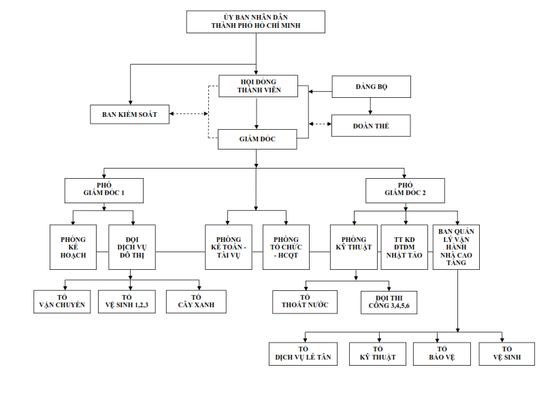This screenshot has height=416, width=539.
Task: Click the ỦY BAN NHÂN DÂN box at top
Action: pyautogui.click(x=256, y=22)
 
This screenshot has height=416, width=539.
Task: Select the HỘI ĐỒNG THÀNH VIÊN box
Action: pyautogui.click(x=259, y=85)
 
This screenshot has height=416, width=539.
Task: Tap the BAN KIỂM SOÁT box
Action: pyautogui.click(x=129, y=114)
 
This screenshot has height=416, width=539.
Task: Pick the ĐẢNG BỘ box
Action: pyautogui.click(x=371, y=87)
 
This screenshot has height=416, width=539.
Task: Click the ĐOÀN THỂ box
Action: pyautogui.click(x=371, y=126)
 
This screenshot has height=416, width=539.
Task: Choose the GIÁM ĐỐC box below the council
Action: pyautogui.click(x=257, y=139)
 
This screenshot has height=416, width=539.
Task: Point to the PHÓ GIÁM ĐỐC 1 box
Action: pyautogui.click(x=103, y=190)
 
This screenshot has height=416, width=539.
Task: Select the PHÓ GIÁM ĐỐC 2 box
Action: pyautogui.click(x=405, y=190)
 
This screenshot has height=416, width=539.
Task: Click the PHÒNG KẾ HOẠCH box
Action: pyautogui.click(x=73, y=247)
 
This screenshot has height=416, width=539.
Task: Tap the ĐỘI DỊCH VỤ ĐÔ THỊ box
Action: pyautogui.click(x=132, y=247)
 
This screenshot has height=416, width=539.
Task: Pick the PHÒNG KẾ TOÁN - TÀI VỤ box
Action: pyautogui.click(x=227, y=247)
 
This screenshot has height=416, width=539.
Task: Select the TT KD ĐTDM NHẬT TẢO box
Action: pyautogui.click(x=404, y=247)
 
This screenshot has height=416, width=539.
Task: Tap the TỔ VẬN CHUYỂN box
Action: pyautogui.click(x=62, y=301)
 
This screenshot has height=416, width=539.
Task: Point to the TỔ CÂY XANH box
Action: pyautogui.click(x=196, y=301)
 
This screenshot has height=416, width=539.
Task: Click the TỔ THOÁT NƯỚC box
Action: pyautogui.click(x=305, y=301)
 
